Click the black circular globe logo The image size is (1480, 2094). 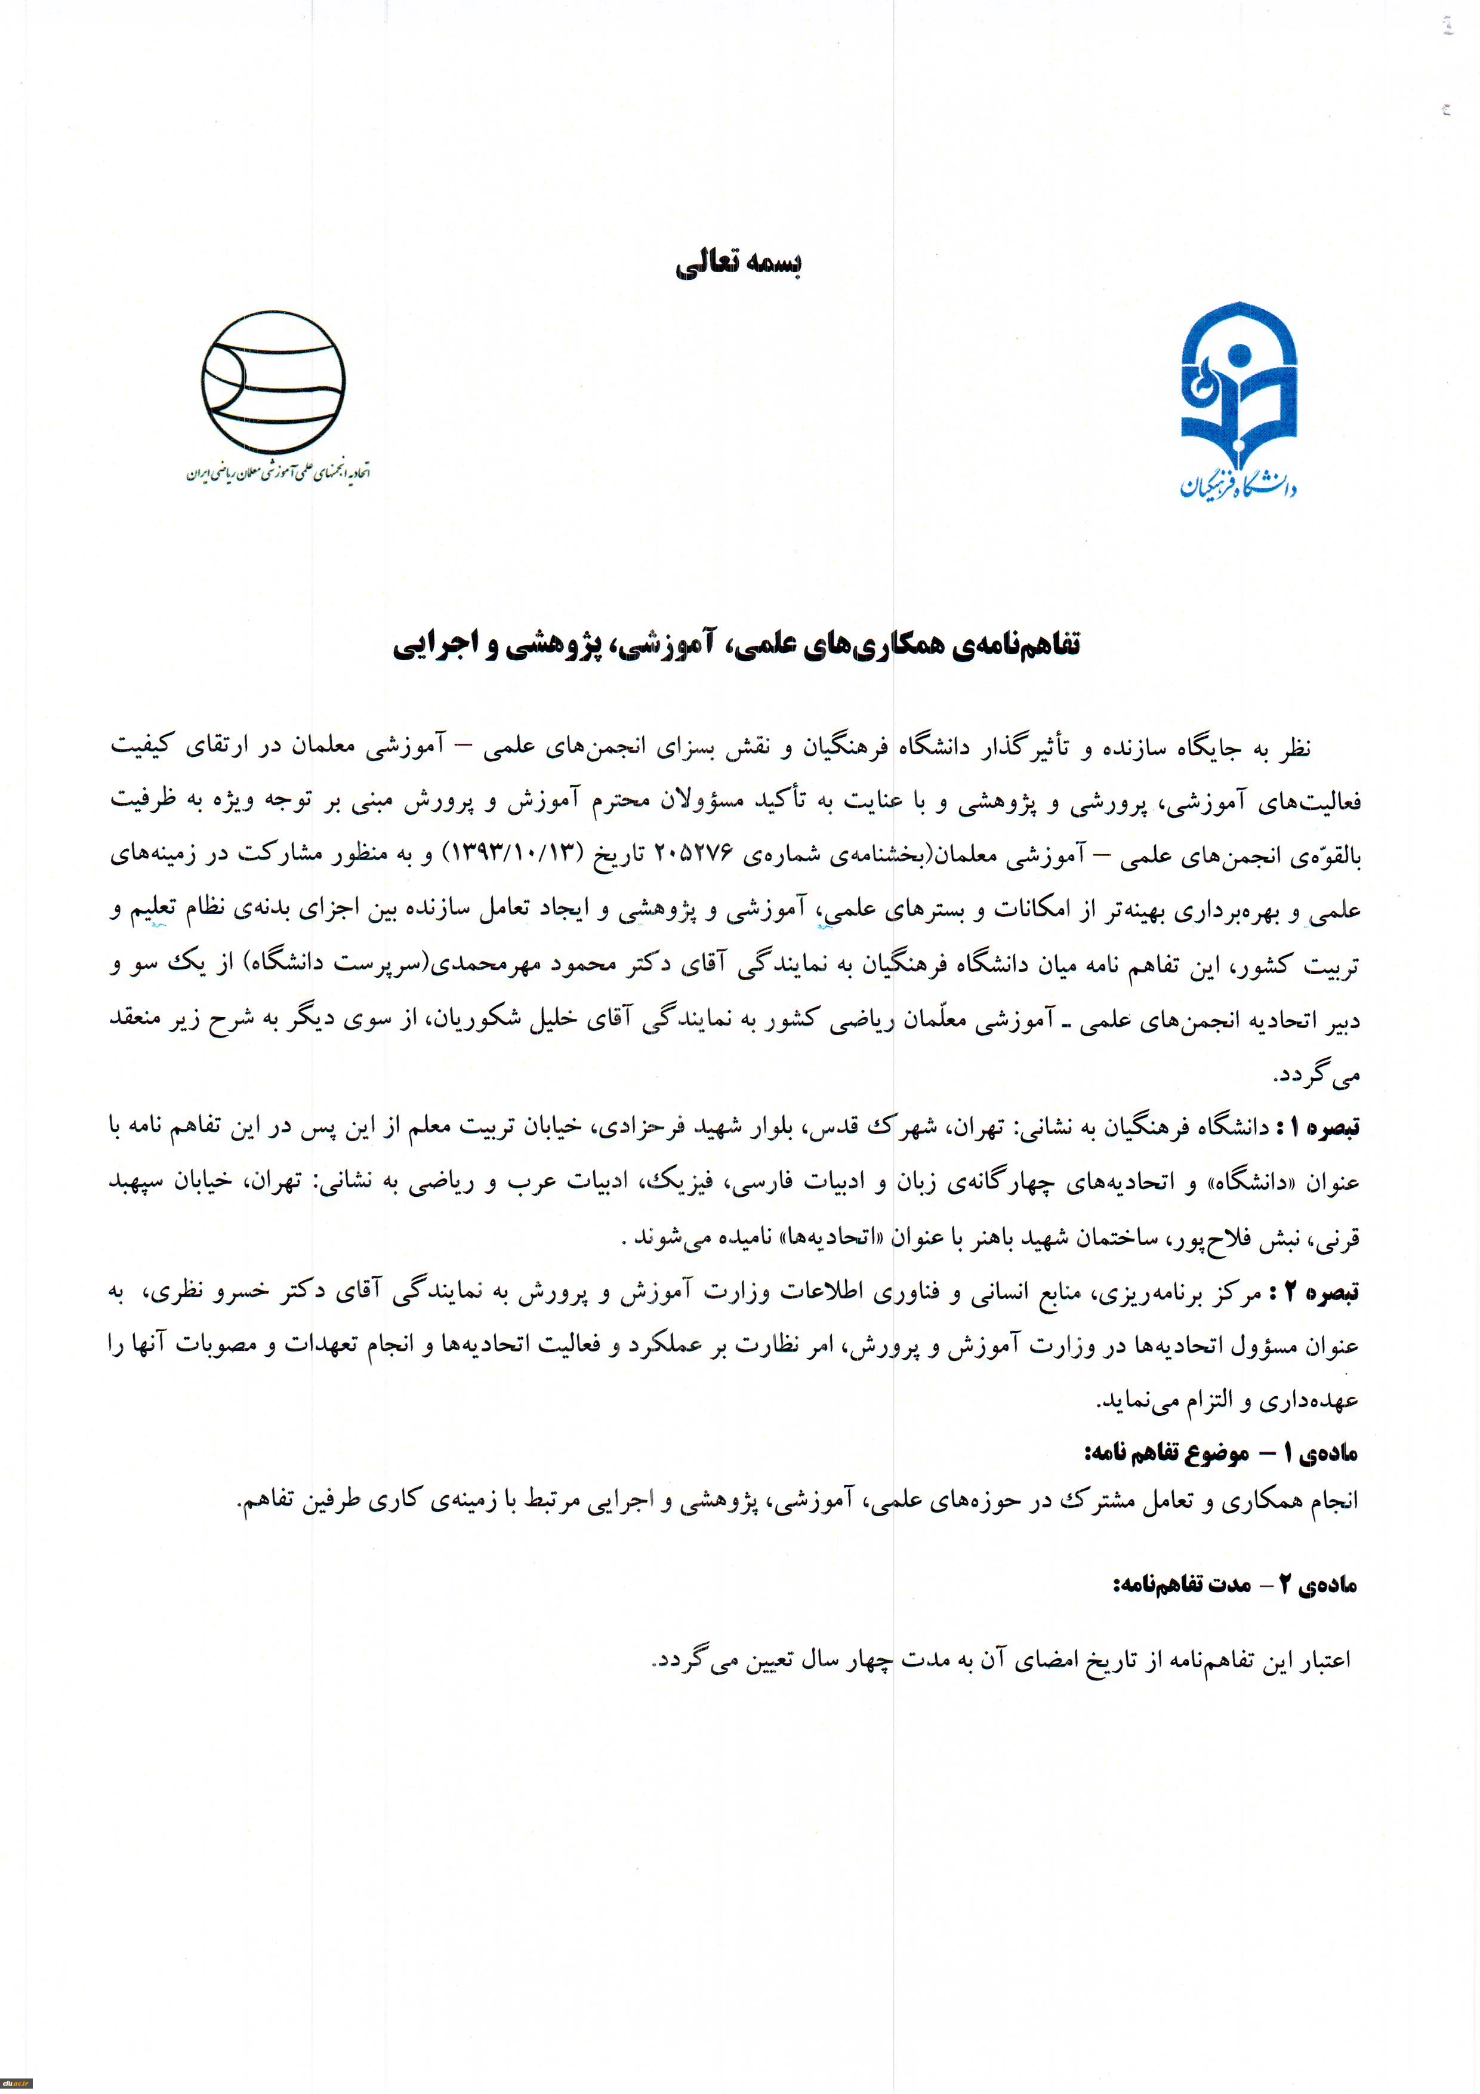(x=273, y=381)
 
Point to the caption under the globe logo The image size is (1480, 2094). (x=278, y=472)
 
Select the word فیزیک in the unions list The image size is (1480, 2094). (x=679, y=1183)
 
